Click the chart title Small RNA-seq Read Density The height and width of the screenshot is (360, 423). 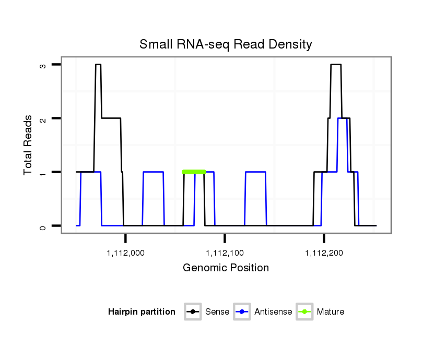pos(226,44)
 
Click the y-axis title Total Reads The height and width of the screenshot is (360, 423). pos(29,145)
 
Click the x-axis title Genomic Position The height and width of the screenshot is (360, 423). pos(226,268)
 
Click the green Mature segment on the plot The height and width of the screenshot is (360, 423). pos(194,172)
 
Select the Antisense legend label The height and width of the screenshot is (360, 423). pos(273,312)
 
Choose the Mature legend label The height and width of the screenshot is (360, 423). pos(331,312)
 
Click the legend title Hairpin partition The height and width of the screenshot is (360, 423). pos(142,312)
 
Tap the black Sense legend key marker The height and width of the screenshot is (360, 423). pos(193,312)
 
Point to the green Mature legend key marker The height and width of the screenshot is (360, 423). pos(304,312)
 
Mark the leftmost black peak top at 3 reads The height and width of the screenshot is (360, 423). pos(98,65)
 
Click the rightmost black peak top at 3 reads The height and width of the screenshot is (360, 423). pos(336,65)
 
